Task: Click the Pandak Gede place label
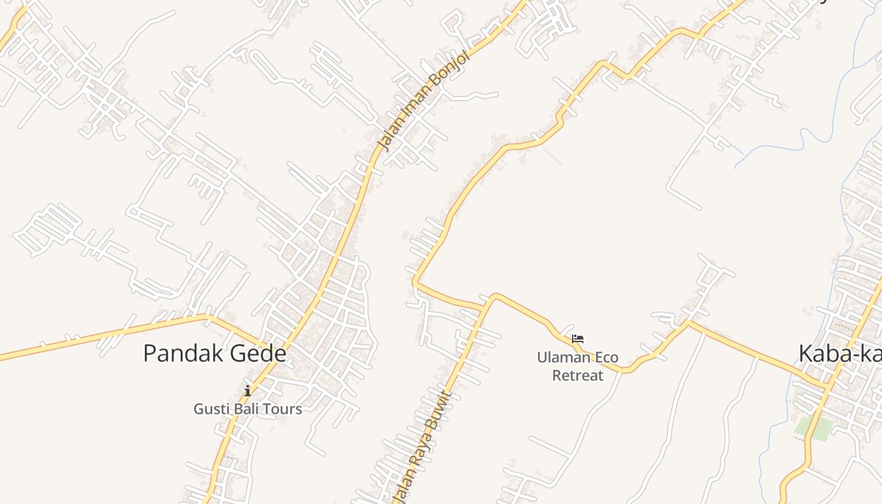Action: point(215,353)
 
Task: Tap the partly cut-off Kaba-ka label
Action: point(840,353)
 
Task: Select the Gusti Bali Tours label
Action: point(248,409)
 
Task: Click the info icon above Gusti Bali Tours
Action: point(248,391)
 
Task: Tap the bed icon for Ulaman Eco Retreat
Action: point(578,339)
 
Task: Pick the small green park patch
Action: point(813,428)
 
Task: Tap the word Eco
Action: point(606,358)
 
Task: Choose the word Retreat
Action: point(578,375)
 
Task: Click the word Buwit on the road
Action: point(438,413)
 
